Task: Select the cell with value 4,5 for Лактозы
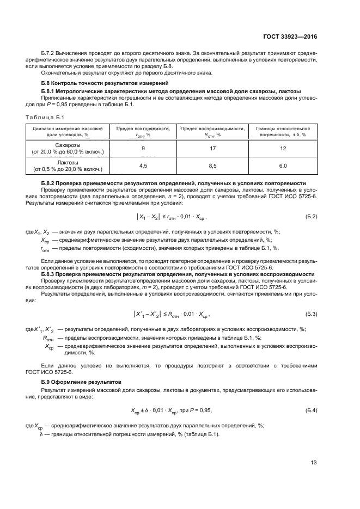pyautogui.click(x=143, y=165)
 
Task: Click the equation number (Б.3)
pyautogui.click(x=311, y=315)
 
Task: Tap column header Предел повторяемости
pyautogui.click(x=143, y=131)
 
